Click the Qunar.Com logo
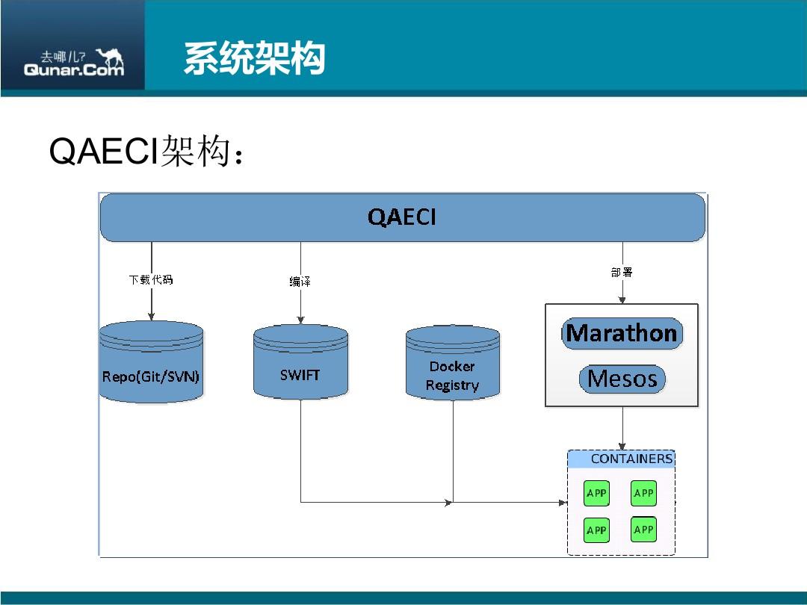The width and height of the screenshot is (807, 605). coord(73,63)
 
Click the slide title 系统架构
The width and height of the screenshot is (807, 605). coord(254,59)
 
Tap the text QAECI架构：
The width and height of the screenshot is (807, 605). coord(146,152)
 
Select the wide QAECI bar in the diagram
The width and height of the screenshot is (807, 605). coord(402,217)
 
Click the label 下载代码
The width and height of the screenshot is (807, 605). coord(151,280)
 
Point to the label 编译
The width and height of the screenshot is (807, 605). coord(300,282)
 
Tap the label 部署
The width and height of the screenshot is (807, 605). coord(622,273)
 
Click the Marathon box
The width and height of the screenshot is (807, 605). coord(622,333)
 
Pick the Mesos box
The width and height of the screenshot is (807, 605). coord(622,379)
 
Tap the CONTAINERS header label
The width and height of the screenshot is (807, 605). coord(631,459)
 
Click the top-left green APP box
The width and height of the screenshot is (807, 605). coord(596,493)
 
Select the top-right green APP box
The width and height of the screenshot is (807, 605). coord(643,493)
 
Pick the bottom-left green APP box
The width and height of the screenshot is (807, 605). coord(596,530)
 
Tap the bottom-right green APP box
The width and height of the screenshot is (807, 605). coord(643,529)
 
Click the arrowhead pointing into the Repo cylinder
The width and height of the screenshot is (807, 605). coord(151,317)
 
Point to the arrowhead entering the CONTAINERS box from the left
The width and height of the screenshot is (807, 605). coord(563,503)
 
